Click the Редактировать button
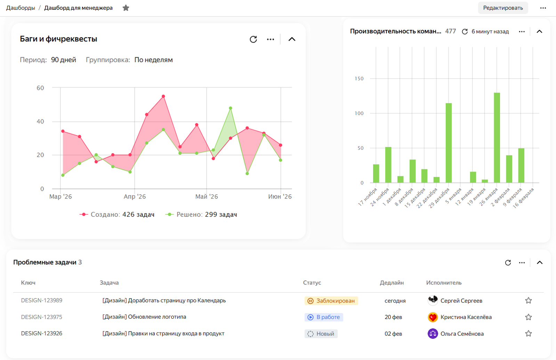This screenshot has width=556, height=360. [x=503, y=8]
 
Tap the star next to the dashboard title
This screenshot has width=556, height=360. [x=126, y=8]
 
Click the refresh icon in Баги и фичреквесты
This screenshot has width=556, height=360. [x=253, y=39]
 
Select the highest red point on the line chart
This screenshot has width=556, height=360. [x=163, y=96]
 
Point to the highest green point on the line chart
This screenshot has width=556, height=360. [x=231, y=108]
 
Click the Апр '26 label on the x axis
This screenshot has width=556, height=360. [x=135, y=196]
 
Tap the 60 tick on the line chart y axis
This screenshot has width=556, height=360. [x=40, y=88]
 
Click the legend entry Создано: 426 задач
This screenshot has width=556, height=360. [x=117, y=214]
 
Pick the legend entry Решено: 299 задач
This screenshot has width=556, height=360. [x=201, y=214]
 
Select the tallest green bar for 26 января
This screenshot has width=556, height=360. [x=497, y=138]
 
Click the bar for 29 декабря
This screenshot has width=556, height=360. [x=449, y=143]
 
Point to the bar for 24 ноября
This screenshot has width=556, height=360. [x=388, y=165]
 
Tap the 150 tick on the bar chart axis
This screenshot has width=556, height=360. [x=359, y=79]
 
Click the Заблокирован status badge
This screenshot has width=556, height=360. [x=331, y=301]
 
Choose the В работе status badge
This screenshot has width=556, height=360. [x=324, y=317]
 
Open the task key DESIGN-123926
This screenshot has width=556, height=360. [x=42, y=334]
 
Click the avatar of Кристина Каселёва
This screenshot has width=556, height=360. [x=433, y=317]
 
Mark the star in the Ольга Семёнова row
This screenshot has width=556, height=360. [x=529, y=334]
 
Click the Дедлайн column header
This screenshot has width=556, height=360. [x=392, y=283]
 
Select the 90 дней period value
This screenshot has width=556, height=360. [x=64, y=60]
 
